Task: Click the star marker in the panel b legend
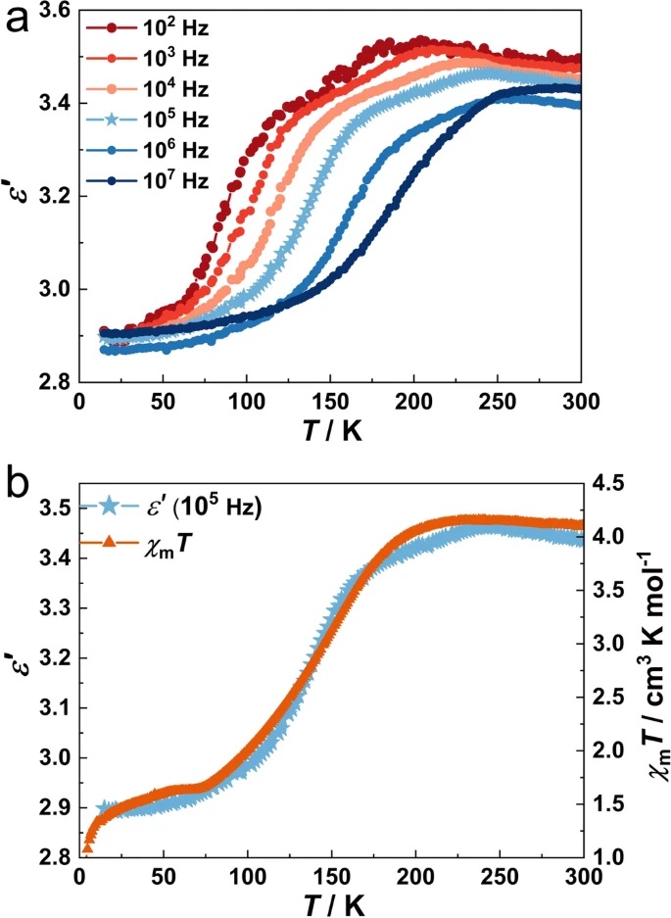[109, 507]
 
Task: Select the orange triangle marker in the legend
[109, 540]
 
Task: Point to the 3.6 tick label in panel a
[51, 12]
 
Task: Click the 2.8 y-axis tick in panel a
[51, 381]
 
